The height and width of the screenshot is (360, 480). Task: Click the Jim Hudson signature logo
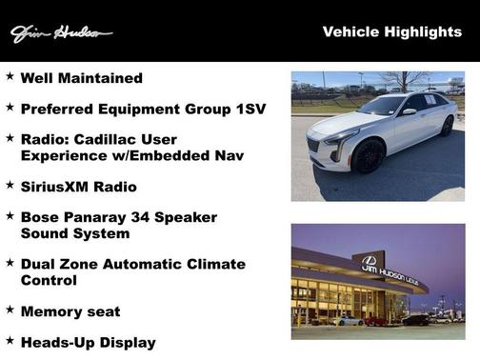(61, 34)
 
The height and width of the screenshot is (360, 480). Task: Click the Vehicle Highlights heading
(391, 32)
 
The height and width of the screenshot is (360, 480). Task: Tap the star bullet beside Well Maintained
(10, 76)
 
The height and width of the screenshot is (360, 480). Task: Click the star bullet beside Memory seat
(10, 310)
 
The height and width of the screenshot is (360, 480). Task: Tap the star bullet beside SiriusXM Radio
(10, 184)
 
